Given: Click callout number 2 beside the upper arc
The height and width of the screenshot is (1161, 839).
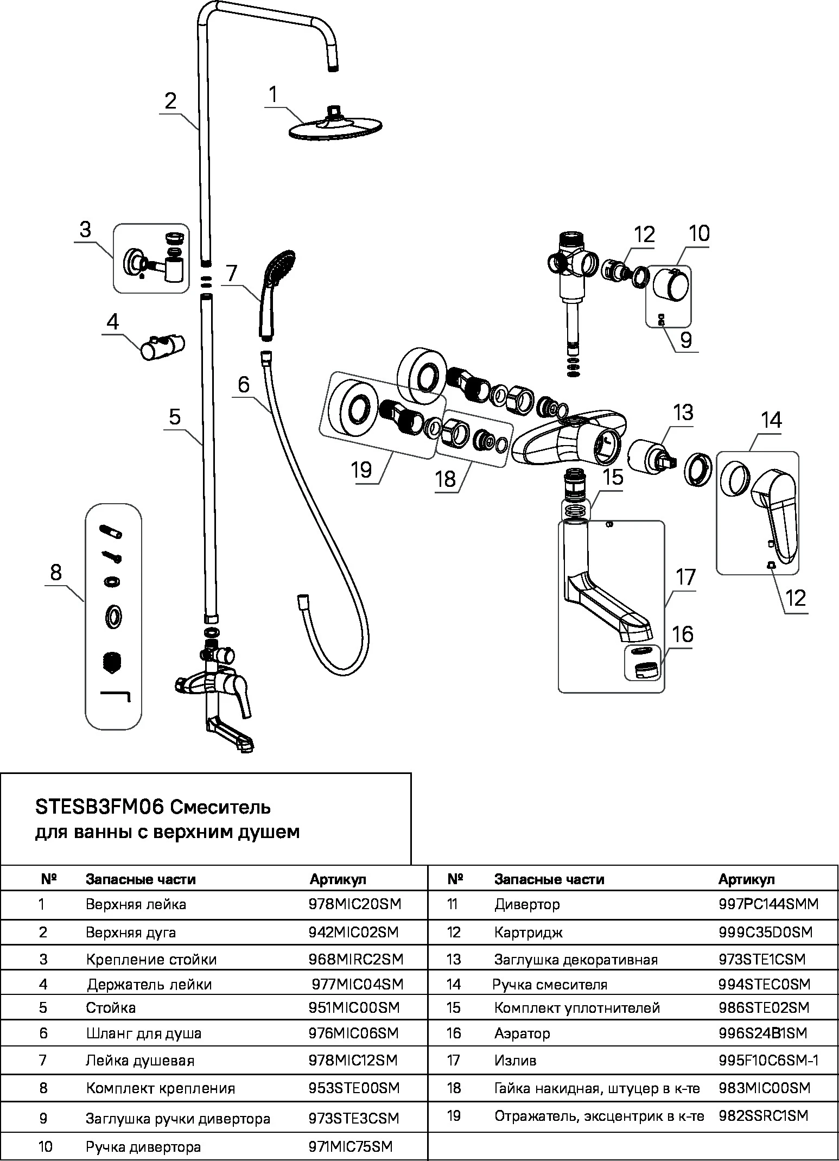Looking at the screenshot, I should (x=171, y=101).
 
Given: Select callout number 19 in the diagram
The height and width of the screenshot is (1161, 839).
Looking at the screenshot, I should (x=361, y=469).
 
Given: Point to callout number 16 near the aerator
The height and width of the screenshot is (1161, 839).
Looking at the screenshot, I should (x=683, y=634).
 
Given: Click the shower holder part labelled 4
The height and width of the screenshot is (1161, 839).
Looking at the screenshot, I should (x=163, y=346).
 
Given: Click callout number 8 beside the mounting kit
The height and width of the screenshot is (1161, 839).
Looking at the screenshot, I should (x=55, y=573).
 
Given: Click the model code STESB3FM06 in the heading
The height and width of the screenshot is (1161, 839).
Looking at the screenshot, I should (x=99, y=808).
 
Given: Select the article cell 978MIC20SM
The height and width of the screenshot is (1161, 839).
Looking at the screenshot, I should (x=355, y=904).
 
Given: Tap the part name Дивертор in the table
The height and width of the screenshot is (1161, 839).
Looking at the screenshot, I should (x=526, y=904).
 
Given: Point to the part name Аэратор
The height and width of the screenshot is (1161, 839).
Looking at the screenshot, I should (x=522, y=1033).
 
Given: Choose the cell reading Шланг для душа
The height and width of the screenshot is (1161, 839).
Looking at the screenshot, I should (x=143, y=1033).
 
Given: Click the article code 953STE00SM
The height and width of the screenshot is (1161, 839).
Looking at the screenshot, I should (x=354, y=1088).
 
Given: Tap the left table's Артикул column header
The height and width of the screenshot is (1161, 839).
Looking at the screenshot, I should (x=338, y=879).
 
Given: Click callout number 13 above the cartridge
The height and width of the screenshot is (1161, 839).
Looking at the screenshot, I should (x=683, y=413).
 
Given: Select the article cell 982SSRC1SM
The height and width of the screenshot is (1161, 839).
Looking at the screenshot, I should (x=763, y=1116).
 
